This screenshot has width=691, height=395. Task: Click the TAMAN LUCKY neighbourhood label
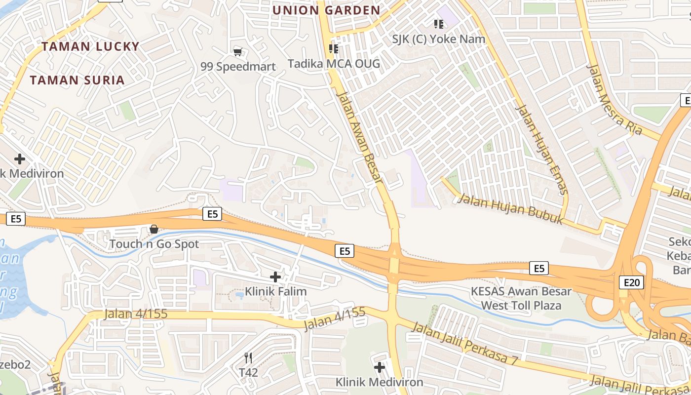90,46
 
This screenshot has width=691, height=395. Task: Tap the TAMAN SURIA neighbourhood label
77,80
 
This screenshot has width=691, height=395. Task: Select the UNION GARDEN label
326,10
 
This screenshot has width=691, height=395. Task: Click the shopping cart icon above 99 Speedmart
238,52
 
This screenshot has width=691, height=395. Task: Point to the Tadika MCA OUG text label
334,64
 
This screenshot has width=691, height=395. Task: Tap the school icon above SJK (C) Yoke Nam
438,24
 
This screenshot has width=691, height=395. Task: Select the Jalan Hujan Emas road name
541,149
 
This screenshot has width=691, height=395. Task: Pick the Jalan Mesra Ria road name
614,99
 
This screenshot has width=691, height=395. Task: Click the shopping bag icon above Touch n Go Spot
154,229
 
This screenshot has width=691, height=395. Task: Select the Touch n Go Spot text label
154,244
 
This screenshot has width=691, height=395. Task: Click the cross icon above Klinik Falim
275,277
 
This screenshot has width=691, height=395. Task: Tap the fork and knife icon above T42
248,358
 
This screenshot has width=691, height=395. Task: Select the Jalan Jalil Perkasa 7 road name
464,344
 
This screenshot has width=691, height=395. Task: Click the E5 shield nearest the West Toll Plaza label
538,268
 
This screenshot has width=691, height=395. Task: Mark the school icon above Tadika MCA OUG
334,49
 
